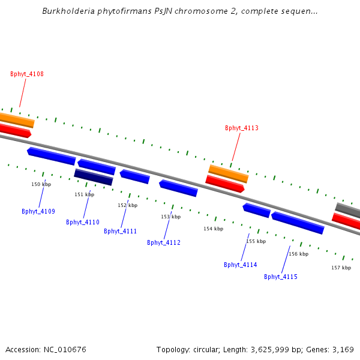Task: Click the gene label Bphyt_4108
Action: click(x=27, y=74)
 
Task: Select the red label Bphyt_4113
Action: click(x=242, y=128)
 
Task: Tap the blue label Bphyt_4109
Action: click(x=38, y=211)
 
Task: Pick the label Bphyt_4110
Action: click(x=83, y=222)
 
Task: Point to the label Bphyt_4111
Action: click(x=121, y=231)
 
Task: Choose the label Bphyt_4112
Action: click(x=164, y=242)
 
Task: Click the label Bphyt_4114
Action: click(x=241, y=265)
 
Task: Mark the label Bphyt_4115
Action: click(x=281, y=277)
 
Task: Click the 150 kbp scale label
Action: click(x=41, y=184)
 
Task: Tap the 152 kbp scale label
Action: click(x=127, y=205)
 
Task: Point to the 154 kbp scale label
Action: click(x=213, y=229)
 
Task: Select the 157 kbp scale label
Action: click(x=341, y=268)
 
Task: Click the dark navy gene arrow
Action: click(x=94, y=177)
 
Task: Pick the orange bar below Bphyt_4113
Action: click(x=228, y=173)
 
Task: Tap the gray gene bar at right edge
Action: click(x=348, y=211)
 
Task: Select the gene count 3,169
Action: click(x=343, y=349)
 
